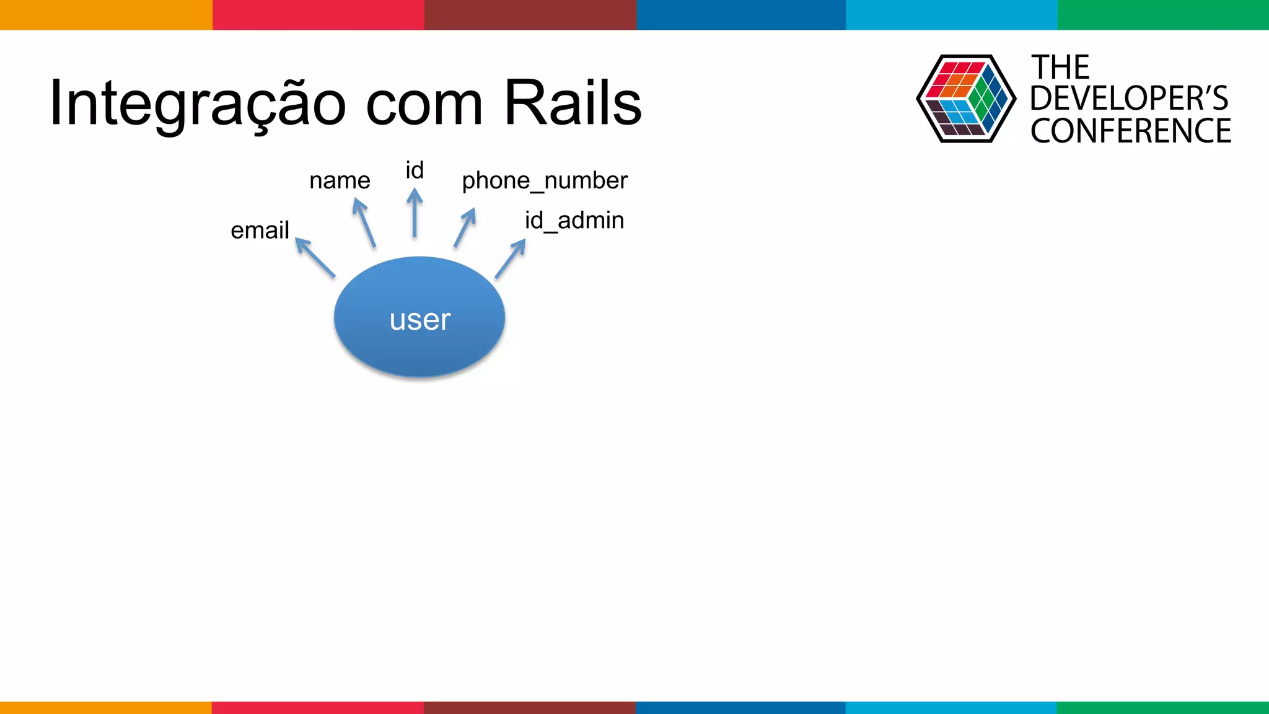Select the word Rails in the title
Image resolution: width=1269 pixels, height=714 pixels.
coord(573,103)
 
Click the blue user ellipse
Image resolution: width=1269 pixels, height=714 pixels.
coord(419,317)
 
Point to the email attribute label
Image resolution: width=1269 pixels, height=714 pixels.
coord(260,231)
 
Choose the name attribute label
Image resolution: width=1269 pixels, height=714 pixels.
coord(340,181)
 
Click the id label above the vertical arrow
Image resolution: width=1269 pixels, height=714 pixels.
coord(415,170)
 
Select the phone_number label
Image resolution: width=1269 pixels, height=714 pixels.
coord(545,181)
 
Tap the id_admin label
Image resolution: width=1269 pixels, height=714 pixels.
coord(574,221)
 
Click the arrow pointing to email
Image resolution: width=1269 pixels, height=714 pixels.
coord(315,257)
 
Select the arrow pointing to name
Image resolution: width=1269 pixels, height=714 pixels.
coord(364,222)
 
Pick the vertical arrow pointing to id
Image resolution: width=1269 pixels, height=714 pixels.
coord(415,213)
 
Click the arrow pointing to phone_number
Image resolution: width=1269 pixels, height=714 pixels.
coord(465,227)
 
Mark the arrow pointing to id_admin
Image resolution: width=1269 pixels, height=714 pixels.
coord(510,259)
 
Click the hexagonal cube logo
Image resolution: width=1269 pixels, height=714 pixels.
coord(965,99)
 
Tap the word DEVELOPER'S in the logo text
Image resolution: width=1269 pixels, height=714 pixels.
coord(1128,99)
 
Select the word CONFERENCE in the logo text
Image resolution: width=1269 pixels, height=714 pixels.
coord(1130,131)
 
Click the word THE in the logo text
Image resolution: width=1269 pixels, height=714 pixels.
coord(1060,67)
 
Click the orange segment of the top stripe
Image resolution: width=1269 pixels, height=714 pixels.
coord(106,14)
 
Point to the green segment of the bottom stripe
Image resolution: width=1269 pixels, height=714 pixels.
coord(1162,707)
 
